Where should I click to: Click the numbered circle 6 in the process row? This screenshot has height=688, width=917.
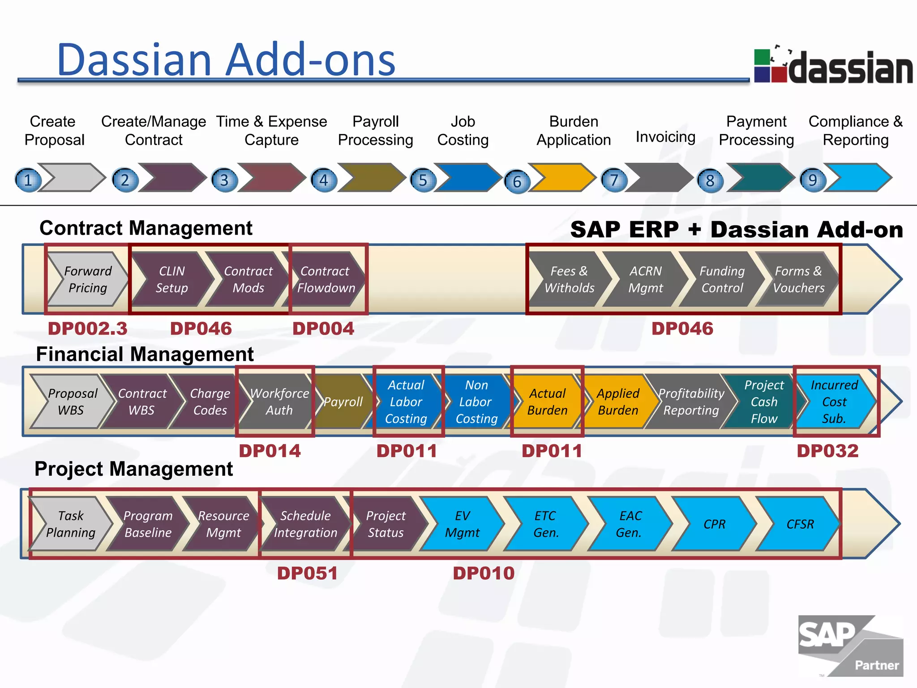coord(517,181)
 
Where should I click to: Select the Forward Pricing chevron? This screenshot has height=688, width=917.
coord(87,279)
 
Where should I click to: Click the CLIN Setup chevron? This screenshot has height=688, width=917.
coord(171,279)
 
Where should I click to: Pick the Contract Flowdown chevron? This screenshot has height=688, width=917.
coord(326,279)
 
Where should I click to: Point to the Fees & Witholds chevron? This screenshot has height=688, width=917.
coord(569,279)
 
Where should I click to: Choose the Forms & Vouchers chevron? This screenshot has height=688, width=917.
coord(798,279)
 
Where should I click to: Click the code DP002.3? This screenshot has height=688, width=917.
coord(88,328)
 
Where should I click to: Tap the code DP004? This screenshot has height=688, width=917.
coord(323,328)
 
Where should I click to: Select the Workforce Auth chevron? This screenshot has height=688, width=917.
coord(279,401)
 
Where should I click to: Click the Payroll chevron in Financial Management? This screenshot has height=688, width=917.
coord(343,401)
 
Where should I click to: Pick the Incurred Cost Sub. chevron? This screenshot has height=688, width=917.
coord(834,401)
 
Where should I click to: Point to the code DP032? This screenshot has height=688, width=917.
coord(827,451)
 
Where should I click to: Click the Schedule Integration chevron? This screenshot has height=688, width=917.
coord(305,524)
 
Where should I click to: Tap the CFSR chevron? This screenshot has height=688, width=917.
coord(800,524)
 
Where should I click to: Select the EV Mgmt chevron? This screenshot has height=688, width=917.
coord(462,524)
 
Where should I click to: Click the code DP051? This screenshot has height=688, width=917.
coord(307,573)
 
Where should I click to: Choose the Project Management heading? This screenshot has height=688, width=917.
coord(133,469)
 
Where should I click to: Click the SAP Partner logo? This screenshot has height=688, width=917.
coord(850,645)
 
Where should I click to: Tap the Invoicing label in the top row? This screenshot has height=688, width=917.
coord(665,137)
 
